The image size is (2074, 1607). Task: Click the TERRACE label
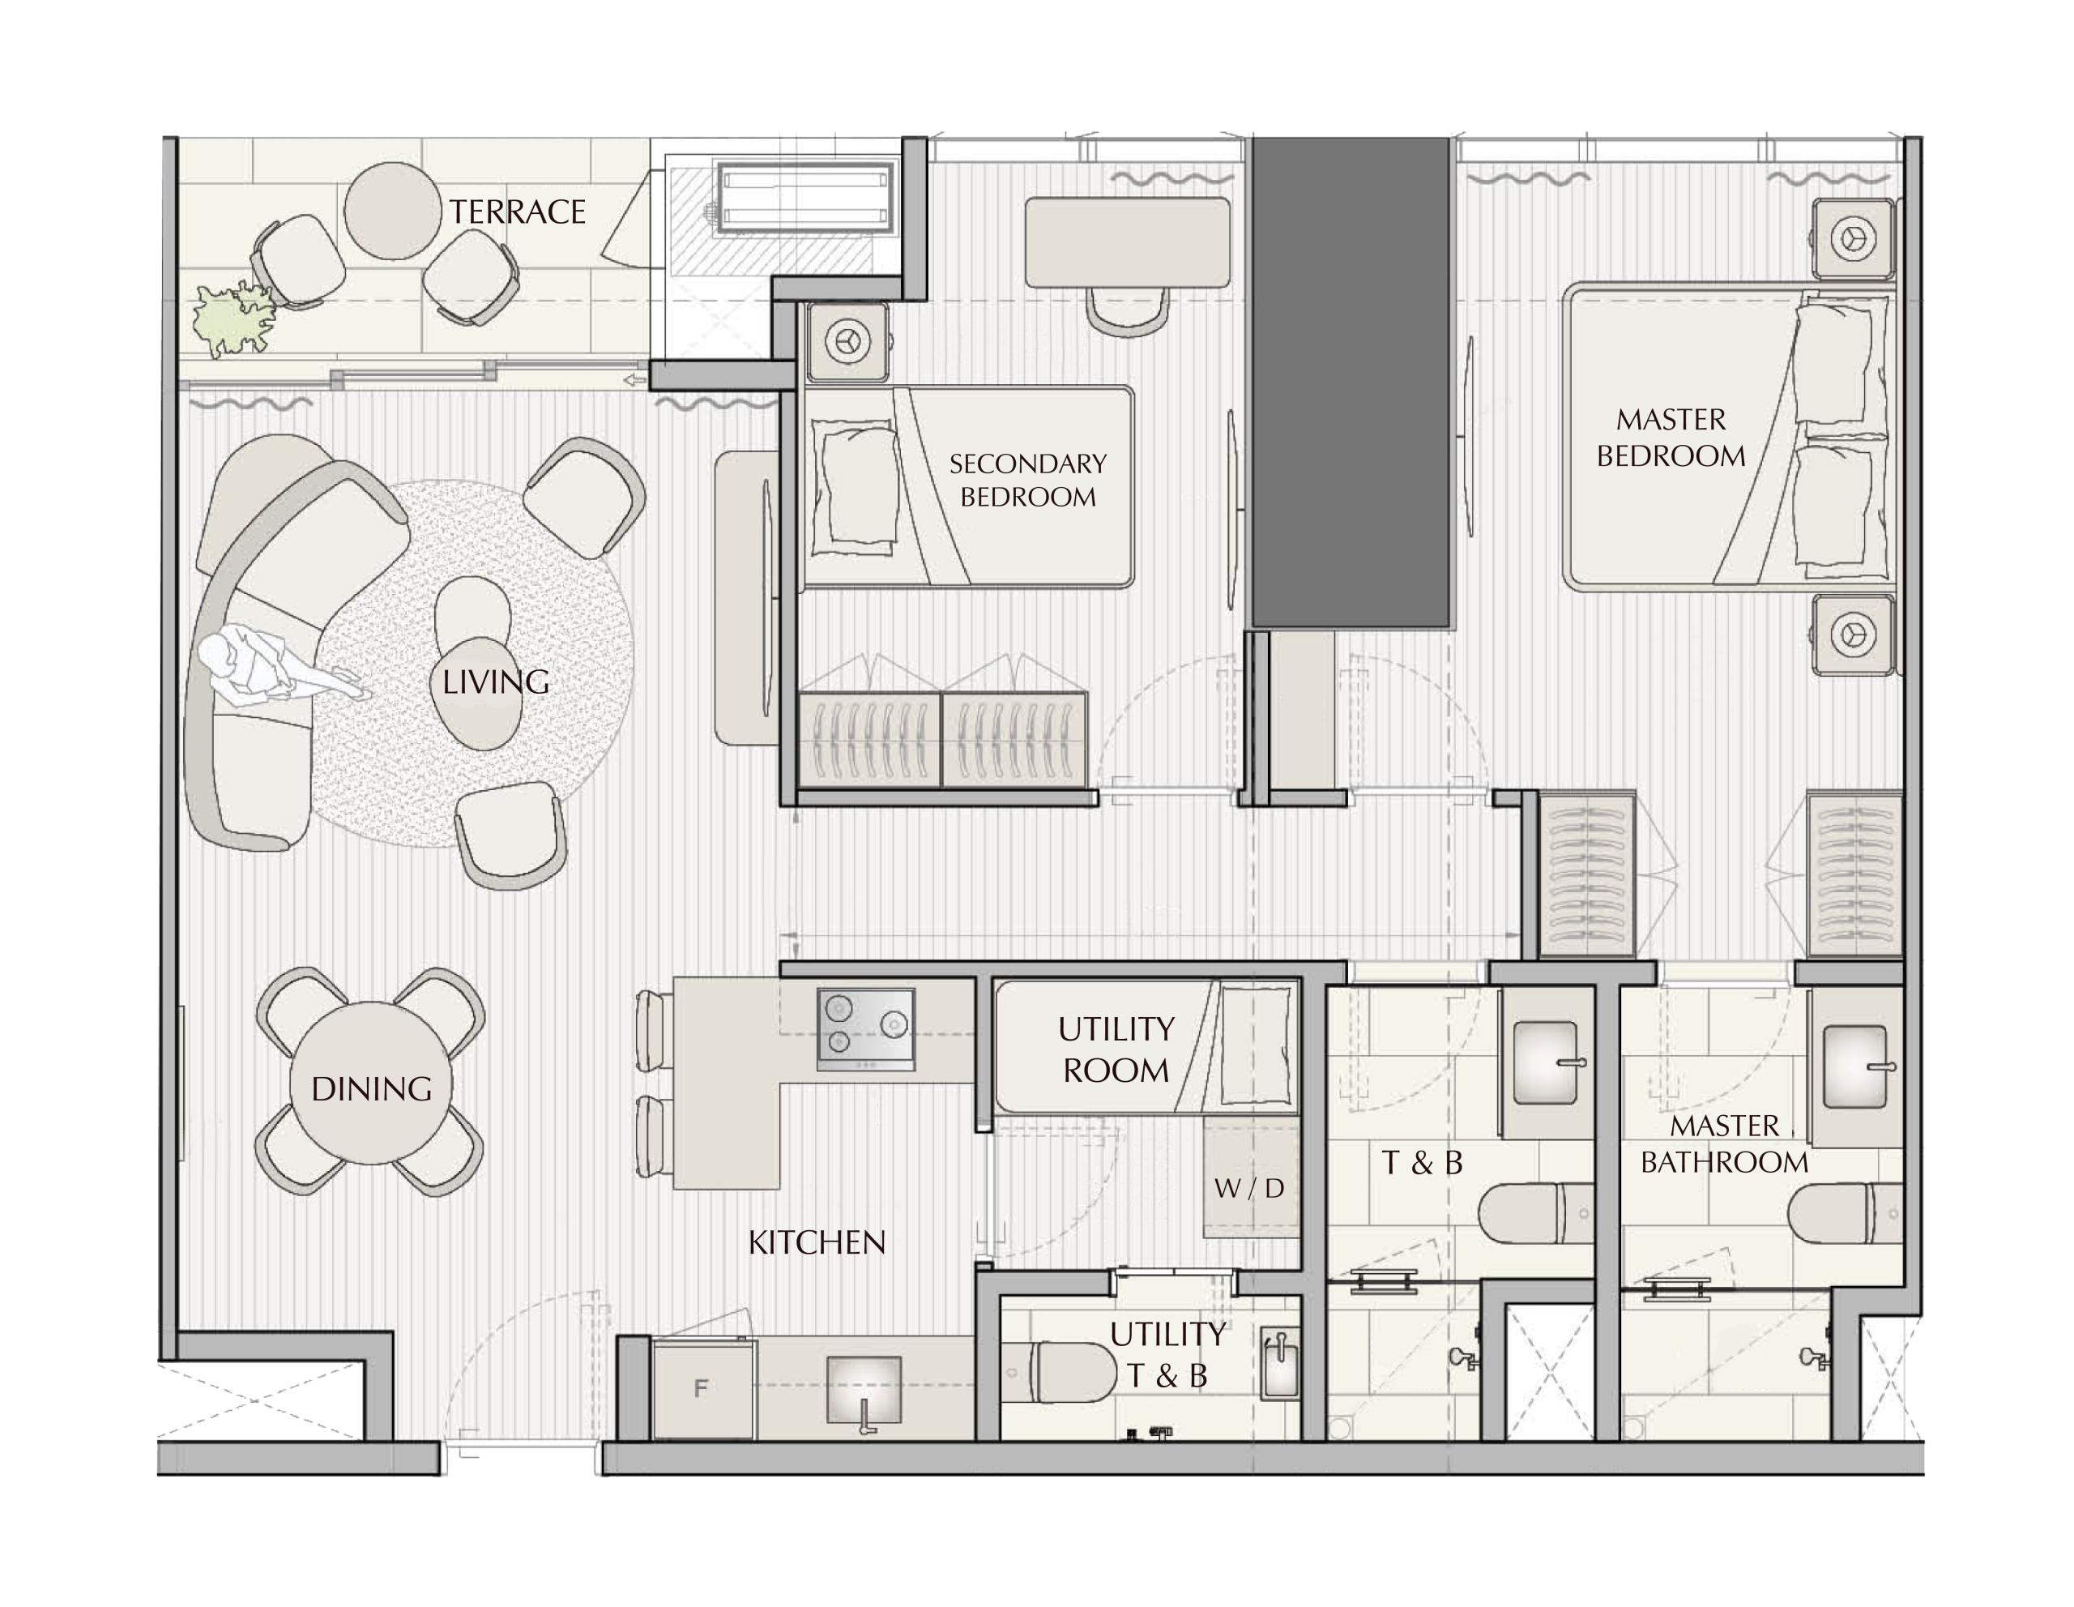coord(518,212)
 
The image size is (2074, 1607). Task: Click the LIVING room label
coord(496,682)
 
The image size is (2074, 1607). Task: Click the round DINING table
coord(371,1082)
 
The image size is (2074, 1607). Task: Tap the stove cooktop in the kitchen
coord(865,1029)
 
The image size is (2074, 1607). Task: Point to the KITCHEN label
coord(817,1242)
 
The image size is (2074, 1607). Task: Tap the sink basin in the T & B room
coord(1545,1062)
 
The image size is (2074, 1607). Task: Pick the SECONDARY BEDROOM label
coord(1027,480)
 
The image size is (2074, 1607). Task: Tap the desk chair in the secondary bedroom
coord(1126,310)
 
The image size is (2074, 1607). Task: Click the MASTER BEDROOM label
coord(1671,438)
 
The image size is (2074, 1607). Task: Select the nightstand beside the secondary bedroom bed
coord(848,342)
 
